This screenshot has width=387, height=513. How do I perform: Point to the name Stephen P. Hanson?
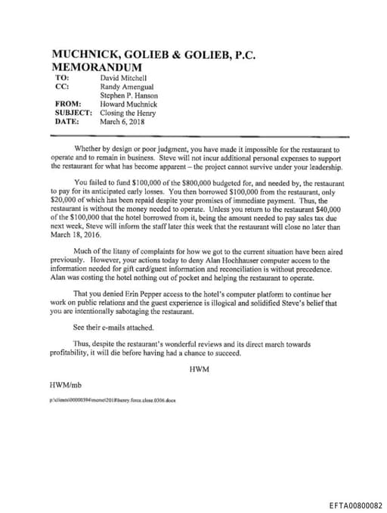point(130,95)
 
